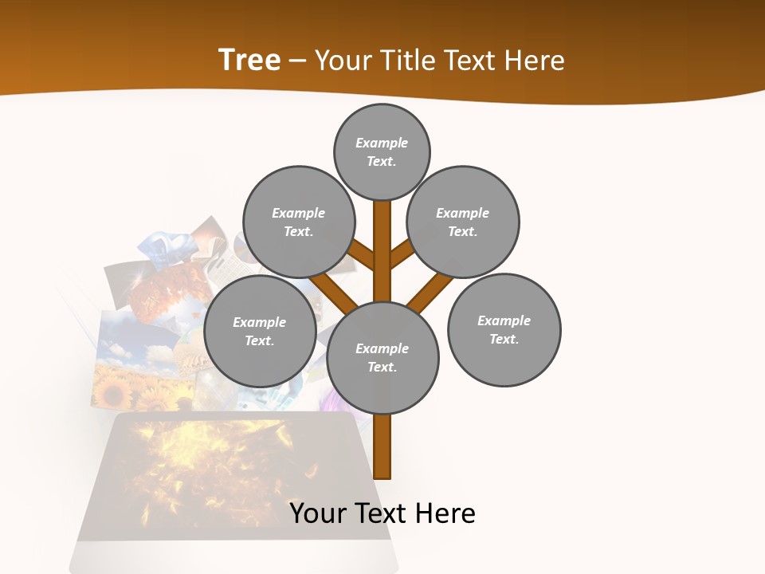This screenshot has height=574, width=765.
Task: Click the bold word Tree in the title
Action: coord(249,60)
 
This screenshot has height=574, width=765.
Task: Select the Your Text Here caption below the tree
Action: coord(382,513)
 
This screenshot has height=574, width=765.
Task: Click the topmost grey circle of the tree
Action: coord(382,151)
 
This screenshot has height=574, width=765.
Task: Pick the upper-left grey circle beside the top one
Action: coord(298,222)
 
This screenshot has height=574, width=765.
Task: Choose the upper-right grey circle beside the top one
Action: coord(463,222)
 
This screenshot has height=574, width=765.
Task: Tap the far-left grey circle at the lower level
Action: coord(260,332)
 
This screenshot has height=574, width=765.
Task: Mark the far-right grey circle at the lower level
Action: coord(504,330)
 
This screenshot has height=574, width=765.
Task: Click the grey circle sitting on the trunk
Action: coord(382,358)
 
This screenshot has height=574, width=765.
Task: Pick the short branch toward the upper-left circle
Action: coord(362,254)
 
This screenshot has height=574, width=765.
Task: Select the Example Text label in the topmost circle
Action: coord(382,151)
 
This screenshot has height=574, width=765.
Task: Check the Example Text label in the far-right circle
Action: coord(504,330)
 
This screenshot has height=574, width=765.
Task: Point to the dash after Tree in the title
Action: coord(297,61)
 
